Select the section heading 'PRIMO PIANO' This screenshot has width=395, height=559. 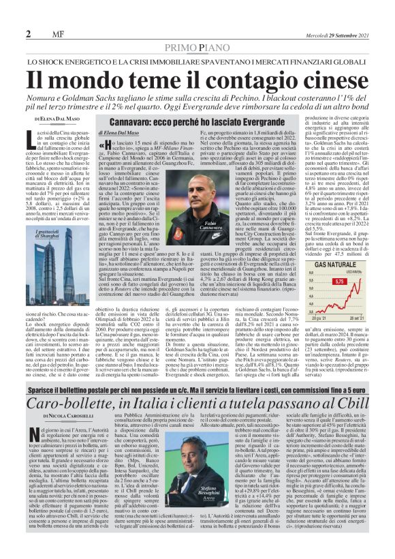(197, 46)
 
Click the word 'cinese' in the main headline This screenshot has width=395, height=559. (330, 78)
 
